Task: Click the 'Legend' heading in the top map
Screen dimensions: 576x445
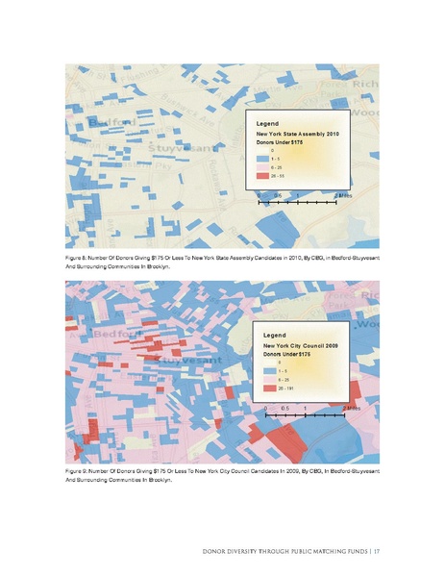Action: [x=267, y=125]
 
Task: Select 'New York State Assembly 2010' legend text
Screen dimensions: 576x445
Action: [x=298, y=134]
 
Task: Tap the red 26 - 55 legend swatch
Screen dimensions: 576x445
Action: [x=260, y=176]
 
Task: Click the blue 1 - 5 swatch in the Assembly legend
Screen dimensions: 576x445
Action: [x=260, y=159]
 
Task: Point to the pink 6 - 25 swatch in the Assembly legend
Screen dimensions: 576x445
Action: [x=260, y=167]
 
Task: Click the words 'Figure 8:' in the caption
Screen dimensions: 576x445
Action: [x=78, y=259]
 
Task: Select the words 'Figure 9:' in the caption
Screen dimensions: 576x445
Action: [x=78, y=471]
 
